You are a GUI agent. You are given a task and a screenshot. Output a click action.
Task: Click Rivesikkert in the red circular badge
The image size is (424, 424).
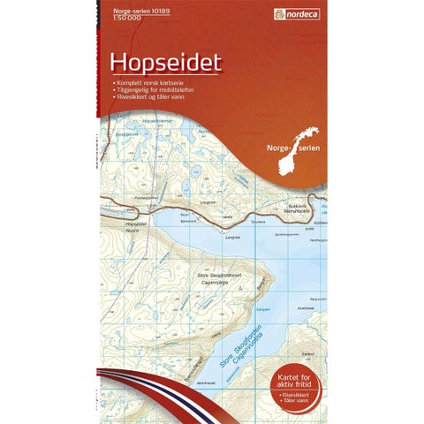click(299, 383)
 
